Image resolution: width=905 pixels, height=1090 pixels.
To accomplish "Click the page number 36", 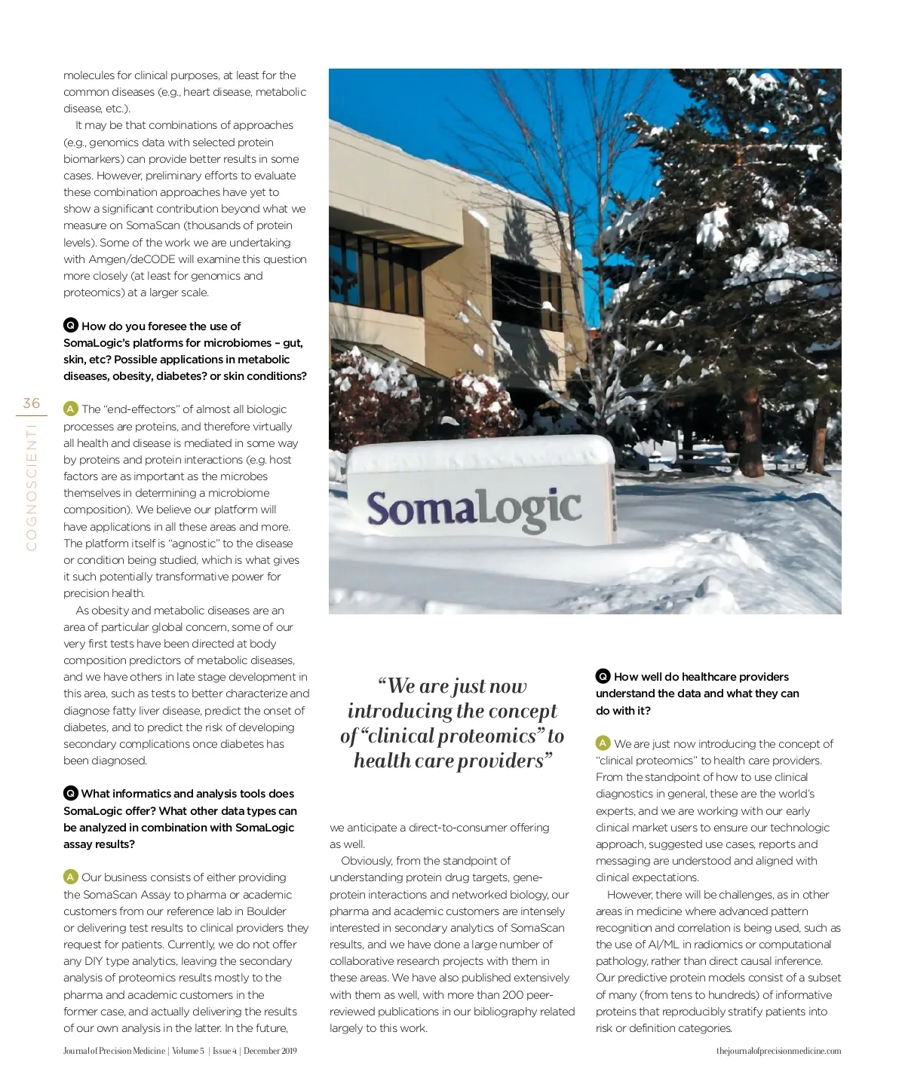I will point(32,403).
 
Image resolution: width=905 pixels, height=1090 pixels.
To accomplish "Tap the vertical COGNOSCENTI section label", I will point(32,486).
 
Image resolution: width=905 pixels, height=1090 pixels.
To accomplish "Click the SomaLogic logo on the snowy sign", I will point(474,508).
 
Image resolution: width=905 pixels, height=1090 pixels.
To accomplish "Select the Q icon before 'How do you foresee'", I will point(70,326).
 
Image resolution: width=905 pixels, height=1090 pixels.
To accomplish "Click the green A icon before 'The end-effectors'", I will point(70,409).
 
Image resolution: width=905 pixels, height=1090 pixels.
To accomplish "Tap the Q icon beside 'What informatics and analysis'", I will point(70,793).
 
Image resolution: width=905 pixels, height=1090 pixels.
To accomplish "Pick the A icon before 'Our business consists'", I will point(70,877).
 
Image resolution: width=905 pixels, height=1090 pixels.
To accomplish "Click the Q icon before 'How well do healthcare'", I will point(603,676).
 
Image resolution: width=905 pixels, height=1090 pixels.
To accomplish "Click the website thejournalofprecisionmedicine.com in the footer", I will point(778,1051).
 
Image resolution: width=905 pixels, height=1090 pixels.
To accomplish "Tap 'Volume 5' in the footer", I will point(188,1051).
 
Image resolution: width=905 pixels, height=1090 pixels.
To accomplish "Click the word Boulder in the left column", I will point(266,911).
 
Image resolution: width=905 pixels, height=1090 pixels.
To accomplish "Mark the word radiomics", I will point(725,945).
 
